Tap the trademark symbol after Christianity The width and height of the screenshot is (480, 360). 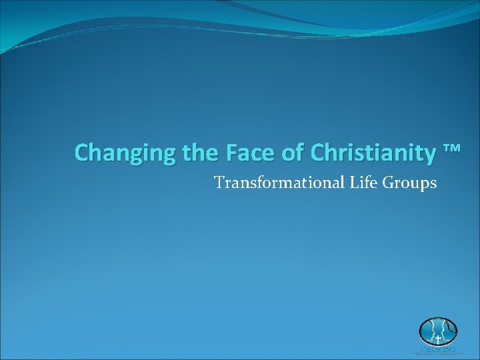[451, 149]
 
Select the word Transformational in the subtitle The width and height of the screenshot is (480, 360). [278, 182]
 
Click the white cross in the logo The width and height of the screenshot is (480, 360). [438, 339]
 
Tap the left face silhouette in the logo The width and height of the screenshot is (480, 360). [430, 331]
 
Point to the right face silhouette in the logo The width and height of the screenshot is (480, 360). [446, 331]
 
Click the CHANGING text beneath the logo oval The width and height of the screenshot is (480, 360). [438, 349]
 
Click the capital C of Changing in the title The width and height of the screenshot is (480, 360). [82, 153]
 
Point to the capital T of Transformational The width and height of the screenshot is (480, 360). [219, 182]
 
